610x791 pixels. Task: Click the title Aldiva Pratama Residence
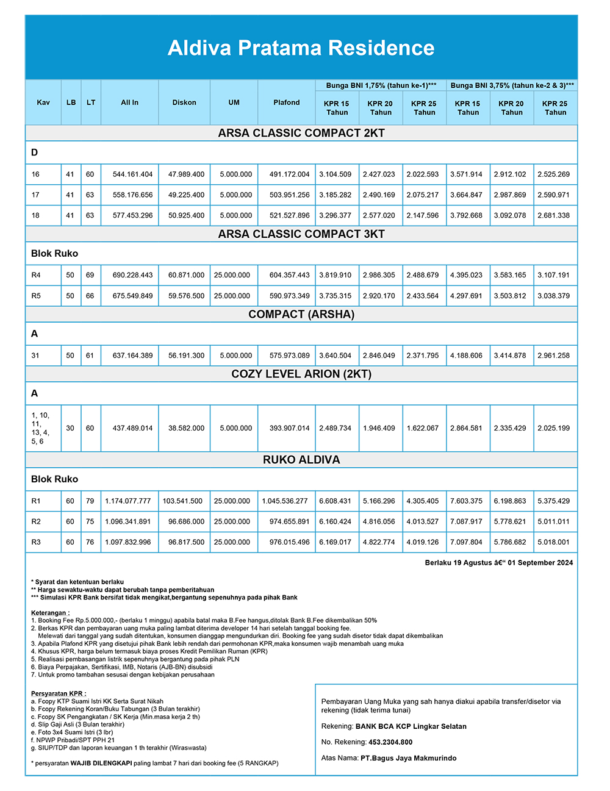coord(301,48)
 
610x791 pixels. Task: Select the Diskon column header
coord(184,102)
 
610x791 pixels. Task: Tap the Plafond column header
coord(286,102)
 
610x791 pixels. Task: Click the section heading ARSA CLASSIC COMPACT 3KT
coord(301,234)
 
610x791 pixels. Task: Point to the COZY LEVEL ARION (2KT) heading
coord(301,374)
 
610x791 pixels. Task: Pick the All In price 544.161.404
coord(132,174)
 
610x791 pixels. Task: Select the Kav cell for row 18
coord(35,215)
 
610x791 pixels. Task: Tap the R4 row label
coord(36,275)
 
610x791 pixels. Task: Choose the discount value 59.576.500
coord(186,296)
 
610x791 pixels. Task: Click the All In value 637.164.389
coord(132,356)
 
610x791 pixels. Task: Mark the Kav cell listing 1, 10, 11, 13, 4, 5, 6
coord(40,428)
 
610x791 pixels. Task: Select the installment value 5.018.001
coord(553,542)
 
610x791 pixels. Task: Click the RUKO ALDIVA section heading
coord(301,460)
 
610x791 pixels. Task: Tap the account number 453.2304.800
coord(390,742)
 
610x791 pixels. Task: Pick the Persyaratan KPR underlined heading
coord(59,693)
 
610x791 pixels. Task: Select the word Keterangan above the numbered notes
coord(50,613)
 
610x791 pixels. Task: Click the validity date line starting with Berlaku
coord(498,563)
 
